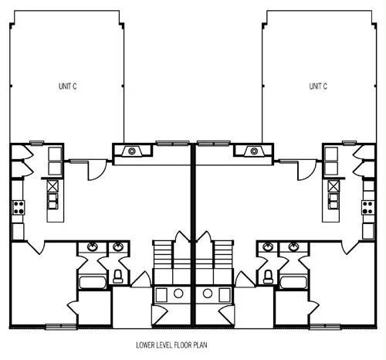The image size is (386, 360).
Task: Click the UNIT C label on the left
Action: pyautogui.click(x=68, y=87)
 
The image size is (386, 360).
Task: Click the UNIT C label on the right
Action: pyautogui.click(x=318, y=87)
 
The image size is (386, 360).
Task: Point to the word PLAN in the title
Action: pyautogui.click(x=200, y=345)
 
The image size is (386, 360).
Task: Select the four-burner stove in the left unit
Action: pyautogui.click(x=19, y=208)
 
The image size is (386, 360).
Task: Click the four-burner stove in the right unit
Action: pyautogui.click(x=367, y=208)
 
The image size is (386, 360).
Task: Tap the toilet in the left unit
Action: pyautogui.click(x=118, y=277)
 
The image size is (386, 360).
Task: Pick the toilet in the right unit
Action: pyautogui.click(x=268, y=277)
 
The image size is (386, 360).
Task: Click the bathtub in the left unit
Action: pyautogui.click(x=93, y=283)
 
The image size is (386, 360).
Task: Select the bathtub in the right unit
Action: pyautogui.click(x=293, y=283)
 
